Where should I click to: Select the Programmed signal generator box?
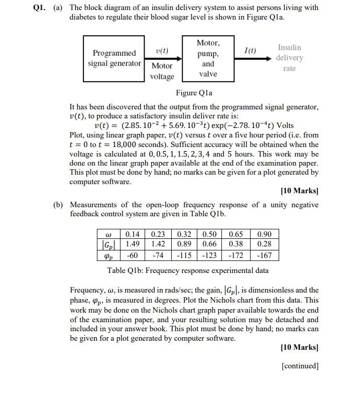point(114,58)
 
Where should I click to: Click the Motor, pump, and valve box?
point(207,58)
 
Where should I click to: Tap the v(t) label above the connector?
point(162,51)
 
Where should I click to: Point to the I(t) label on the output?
point(250,51)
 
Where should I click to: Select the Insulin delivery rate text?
point(290,58)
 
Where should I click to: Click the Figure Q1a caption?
point(194,93)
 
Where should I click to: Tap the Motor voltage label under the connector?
point(162,71)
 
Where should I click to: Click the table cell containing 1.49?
point(133,244)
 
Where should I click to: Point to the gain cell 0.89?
point(184,244)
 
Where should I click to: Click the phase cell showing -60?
point(133,255)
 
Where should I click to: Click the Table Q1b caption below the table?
point(188,271)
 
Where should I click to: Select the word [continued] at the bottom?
point(300,366)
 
